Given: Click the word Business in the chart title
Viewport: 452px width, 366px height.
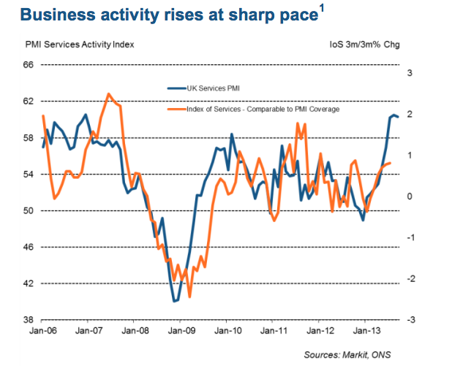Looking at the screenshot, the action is coord(57,15).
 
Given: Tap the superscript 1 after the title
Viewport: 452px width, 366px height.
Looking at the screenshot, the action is coord(322,9).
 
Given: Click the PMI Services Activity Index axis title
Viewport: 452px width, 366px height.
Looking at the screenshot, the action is coord(80,45).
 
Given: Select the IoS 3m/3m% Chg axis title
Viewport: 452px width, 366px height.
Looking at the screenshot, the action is coord(365,45).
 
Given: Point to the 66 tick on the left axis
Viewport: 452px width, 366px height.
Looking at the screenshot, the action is coord(29,65).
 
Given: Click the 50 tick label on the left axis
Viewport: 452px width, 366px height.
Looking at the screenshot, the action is coord(29,210).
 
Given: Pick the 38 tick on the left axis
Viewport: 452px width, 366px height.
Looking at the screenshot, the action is coord(29,320).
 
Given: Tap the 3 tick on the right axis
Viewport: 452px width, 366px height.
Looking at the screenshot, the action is coord(410,73).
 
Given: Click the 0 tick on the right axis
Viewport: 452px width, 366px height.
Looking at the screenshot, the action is coord(410,197).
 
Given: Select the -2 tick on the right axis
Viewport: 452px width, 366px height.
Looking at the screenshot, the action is coord(411,279).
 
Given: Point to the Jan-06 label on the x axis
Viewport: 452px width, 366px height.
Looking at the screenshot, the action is coord(43,331).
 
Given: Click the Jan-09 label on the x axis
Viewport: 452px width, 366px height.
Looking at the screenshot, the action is coord(181,331).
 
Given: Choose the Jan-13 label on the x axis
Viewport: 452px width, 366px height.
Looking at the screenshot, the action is coord(366,331).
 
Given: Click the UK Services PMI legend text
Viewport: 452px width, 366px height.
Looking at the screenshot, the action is coord(214,88).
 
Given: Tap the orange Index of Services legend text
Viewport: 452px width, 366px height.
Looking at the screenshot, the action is coord(263,110).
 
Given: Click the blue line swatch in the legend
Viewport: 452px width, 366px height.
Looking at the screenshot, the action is coord(177,88).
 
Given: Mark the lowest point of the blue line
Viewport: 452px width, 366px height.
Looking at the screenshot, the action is coord(174,301).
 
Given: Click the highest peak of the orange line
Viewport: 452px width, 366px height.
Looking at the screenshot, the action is coord(108,94).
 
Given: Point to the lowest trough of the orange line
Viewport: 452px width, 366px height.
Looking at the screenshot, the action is coord(189,297).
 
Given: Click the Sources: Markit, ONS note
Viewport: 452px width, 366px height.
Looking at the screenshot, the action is coord(347,355).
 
